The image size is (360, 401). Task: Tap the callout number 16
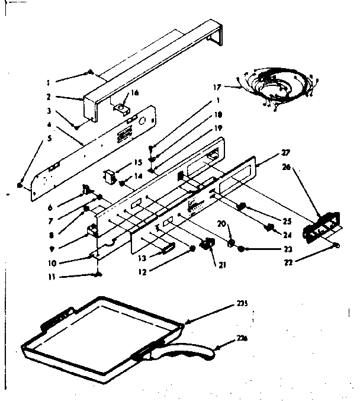pyautogui.click(x=134, y=93)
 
